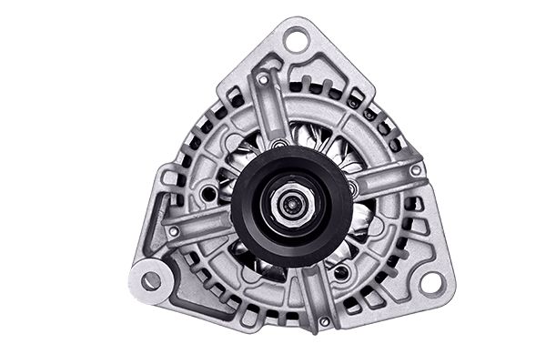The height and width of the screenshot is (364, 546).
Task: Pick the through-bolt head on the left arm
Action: pos(173,232)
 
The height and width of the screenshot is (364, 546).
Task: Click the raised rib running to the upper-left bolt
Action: pos(273,114)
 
